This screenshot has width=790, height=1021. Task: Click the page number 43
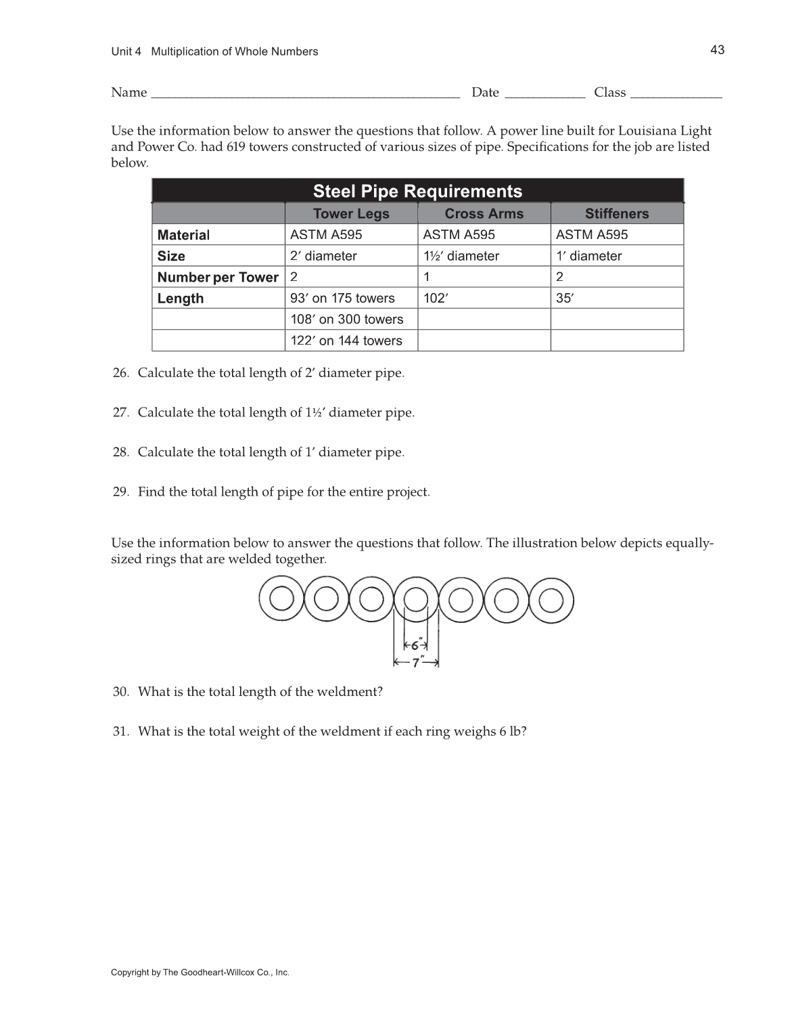click(x=717, y=50)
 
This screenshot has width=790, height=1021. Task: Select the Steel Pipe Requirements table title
click(x=417, y=192)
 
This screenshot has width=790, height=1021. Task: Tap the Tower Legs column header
click(x=351, y=214)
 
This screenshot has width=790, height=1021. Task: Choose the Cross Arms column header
click(x=484, y=214)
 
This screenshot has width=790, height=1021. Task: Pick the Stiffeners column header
click(x=616, y=214)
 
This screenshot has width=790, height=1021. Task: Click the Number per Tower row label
click(x=218, y=278)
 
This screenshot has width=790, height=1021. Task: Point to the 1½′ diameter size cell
click(x=461, y=256)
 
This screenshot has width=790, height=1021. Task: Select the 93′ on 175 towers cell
click(x=342, y=298)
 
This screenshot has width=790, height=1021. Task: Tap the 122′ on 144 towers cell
click(x=346, y=341)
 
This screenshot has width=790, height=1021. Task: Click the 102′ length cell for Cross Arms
click(x=436, y=298)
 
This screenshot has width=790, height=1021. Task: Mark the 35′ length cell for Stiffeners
click(x=564, y=298)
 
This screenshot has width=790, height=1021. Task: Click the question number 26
click(x=120, y=373)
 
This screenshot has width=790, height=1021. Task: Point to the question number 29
click(x=120, y=492)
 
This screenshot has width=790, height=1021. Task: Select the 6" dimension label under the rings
click(x=416, y=646)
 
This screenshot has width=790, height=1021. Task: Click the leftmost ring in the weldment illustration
click(x=281, y=599)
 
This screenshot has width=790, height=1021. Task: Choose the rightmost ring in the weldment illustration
click(x=551, y=600)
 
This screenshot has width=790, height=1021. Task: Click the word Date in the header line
click(x=485, y=93)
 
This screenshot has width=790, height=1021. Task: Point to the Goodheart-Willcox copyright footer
click(x=200, y=973)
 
